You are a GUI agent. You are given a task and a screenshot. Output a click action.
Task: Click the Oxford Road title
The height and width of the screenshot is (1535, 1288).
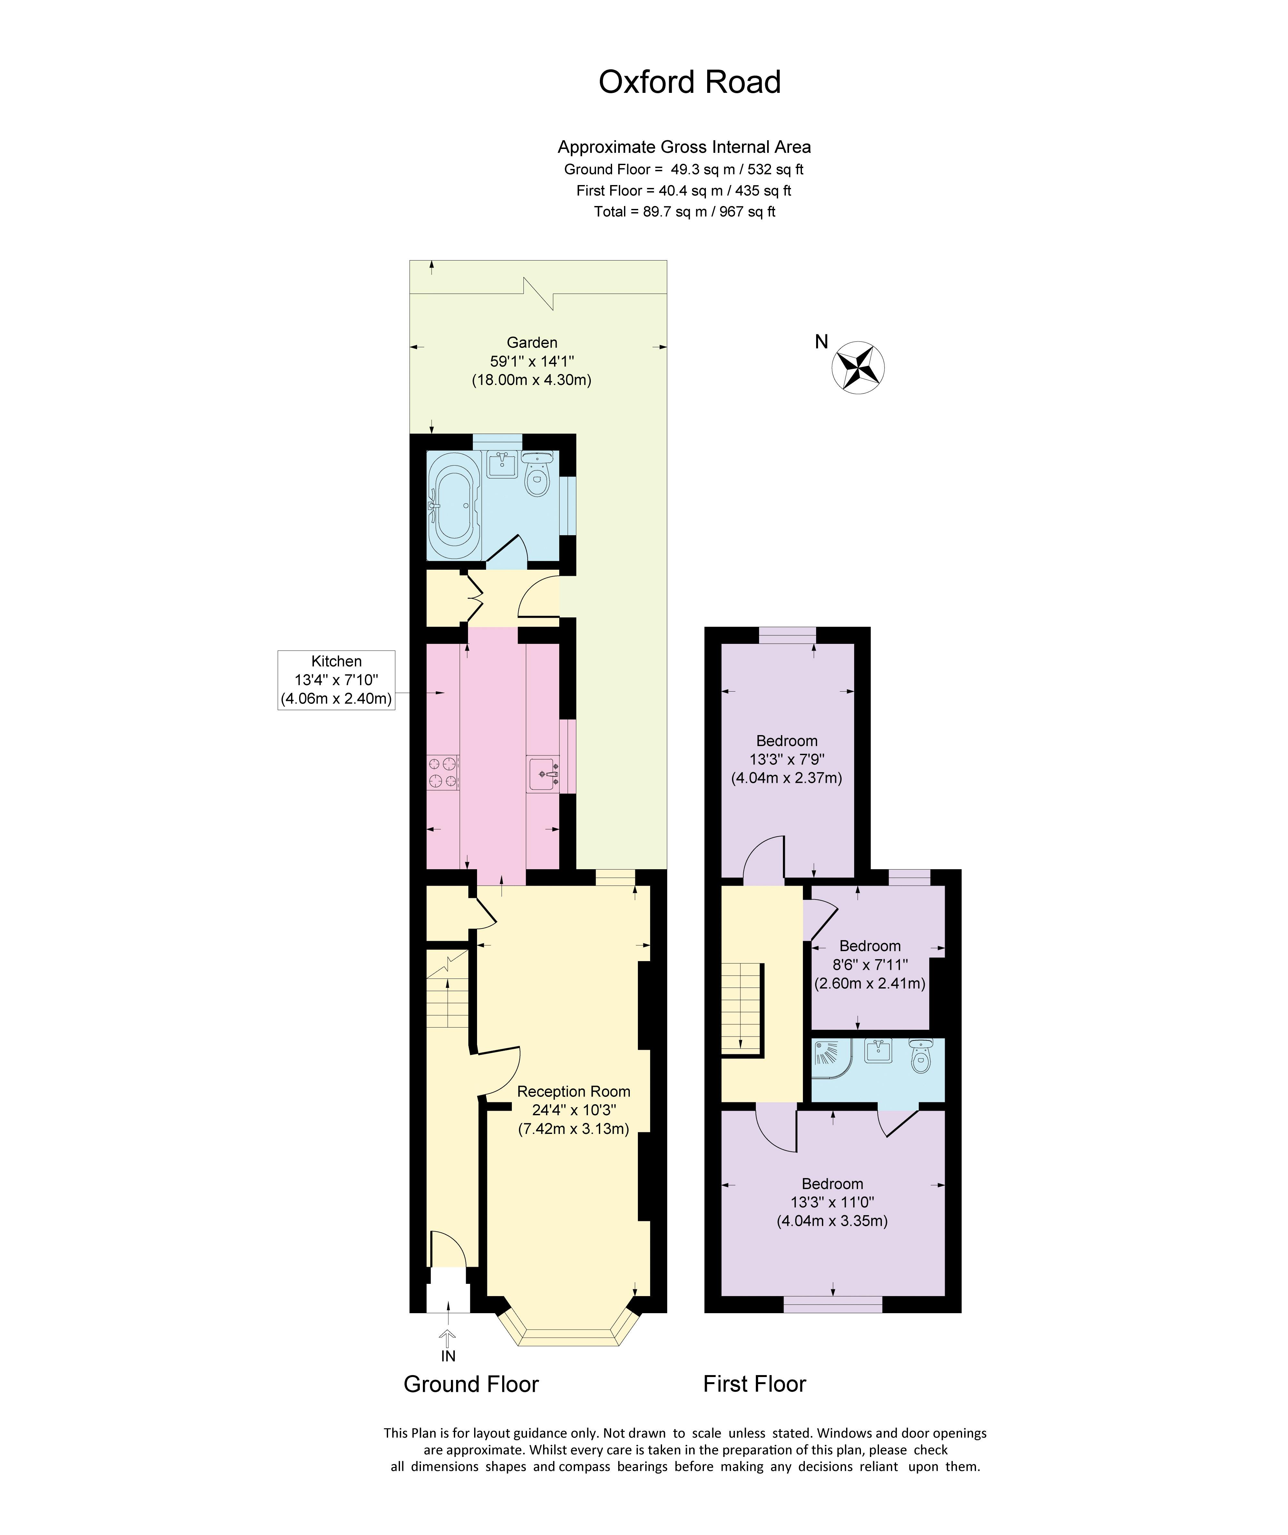pyautogui.click(x=689, y=82)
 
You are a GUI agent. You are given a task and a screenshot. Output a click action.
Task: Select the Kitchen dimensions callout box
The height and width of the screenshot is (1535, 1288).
pyautogui.click(x=336, y=680)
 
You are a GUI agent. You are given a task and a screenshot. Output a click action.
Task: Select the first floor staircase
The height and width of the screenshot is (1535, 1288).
pyautogui.click(x=742, y=1009)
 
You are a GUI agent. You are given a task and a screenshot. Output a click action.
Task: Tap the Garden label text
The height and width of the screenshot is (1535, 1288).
pyautogui.click(x=532, y=342)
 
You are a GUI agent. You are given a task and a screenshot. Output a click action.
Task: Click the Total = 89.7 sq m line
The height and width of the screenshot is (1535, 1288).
pyautogui.click(x=685, y=212)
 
